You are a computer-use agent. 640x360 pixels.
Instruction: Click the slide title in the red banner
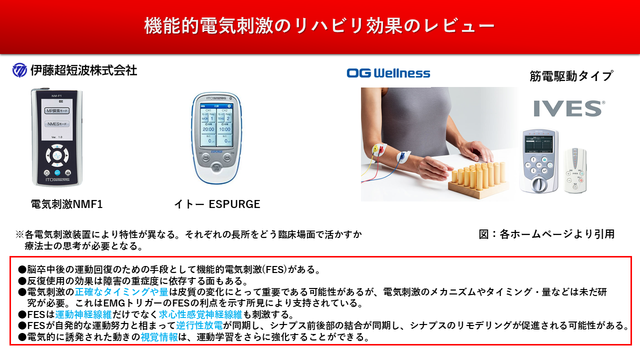(319, 25)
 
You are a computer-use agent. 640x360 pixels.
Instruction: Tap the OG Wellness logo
(388, 73)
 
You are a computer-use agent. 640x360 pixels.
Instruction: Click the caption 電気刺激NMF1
(66, 204)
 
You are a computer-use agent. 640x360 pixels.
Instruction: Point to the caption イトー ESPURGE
(217, 204)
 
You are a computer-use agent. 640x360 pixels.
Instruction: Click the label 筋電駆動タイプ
(571, 76)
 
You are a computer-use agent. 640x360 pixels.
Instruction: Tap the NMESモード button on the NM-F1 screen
(56, 124)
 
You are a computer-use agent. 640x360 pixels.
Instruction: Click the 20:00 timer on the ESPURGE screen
(208, 129)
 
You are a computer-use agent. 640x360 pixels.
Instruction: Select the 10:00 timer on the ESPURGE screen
(224, 129)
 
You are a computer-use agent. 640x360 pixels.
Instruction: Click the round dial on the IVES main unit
(537, 184)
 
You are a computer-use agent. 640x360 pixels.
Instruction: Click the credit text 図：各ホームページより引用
(546, 234)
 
